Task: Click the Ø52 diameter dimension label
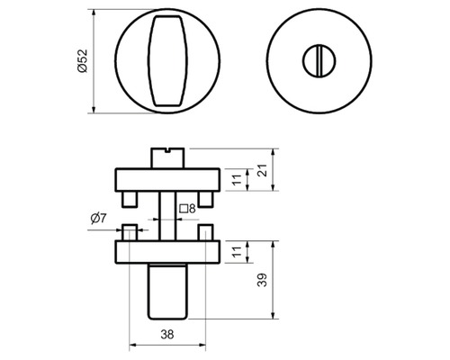click(x=82, y=61)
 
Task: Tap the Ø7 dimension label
click(x=99, y=218)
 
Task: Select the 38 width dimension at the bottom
click(x=167, y=334)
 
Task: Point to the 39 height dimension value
click(x=262, y=280)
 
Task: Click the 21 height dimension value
click(x=263, y=170)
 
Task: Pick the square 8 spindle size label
click(x=187, y=208)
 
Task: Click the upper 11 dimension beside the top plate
click(x=237, y=179)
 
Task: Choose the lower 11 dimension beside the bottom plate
click(x=237, y=252)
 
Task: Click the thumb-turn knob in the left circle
click(x=167, y=61)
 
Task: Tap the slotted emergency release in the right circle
click(x=319, y=61)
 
